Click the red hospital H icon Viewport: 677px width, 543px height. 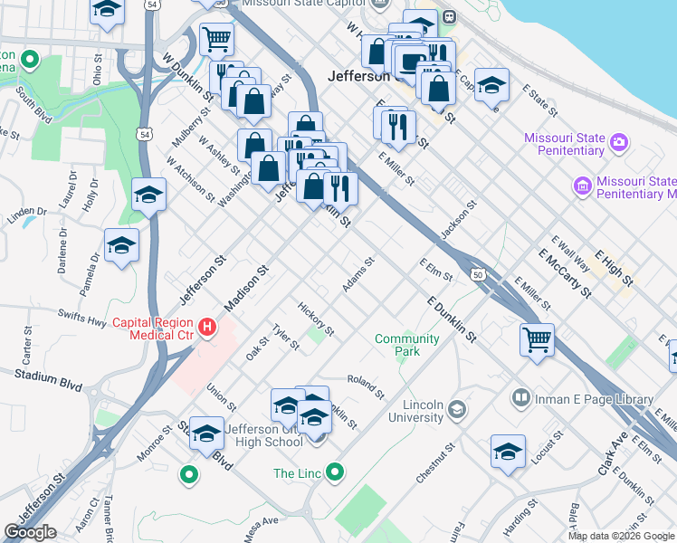pos(208,327)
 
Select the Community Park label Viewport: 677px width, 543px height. pos(406,345)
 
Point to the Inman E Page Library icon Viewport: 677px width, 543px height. pos(521,398)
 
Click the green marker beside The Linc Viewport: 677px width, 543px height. pos(336,472)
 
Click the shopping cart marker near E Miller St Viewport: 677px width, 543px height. pos(538,340)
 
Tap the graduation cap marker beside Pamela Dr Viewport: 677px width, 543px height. pos(121,245)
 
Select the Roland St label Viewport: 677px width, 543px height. pos(366,386)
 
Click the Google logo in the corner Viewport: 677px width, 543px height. pos(30,531)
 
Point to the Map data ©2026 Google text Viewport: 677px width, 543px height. pos(621,536)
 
